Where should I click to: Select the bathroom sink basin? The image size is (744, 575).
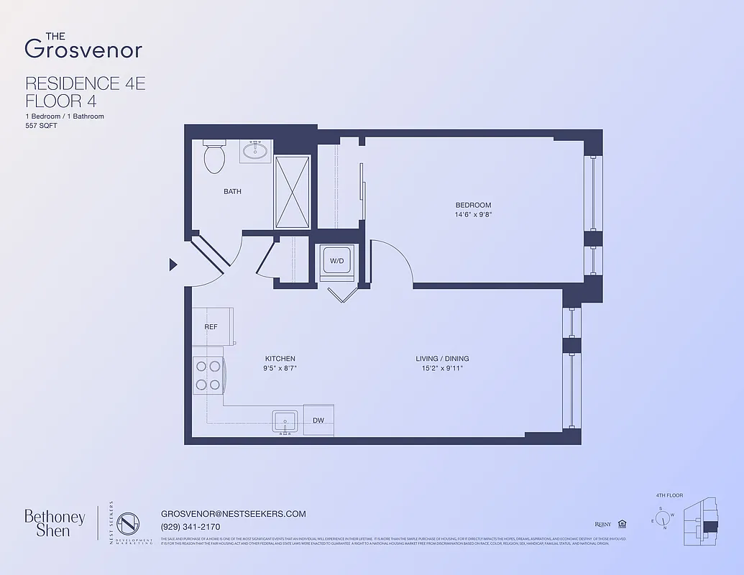254,152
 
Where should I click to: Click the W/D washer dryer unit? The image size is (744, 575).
336,260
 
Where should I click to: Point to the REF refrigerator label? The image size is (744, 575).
211,326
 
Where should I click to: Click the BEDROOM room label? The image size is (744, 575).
473,205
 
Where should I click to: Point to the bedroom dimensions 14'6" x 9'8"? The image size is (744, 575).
473,214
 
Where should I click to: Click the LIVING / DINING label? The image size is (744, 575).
442,359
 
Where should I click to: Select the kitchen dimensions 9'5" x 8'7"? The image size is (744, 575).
280,368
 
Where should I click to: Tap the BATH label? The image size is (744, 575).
232,192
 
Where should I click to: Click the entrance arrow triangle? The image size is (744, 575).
173,264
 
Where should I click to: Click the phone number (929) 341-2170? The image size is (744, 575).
190,527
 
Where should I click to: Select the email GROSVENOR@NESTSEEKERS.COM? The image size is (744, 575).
234,514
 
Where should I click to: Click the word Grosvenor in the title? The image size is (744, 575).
83,49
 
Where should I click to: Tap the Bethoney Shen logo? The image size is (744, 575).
55,523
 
